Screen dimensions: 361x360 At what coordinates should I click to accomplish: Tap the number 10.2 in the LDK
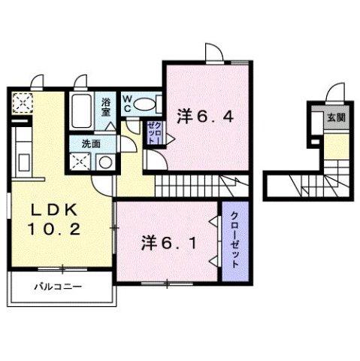pos(53,229)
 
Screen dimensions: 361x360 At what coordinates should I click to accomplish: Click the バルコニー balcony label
pos(57,287)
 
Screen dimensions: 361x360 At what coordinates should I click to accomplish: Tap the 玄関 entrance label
pos(335,117)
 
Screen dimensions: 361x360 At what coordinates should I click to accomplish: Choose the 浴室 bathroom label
pos(106,105)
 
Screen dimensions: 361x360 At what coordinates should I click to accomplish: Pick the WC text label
pos(129,103)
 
